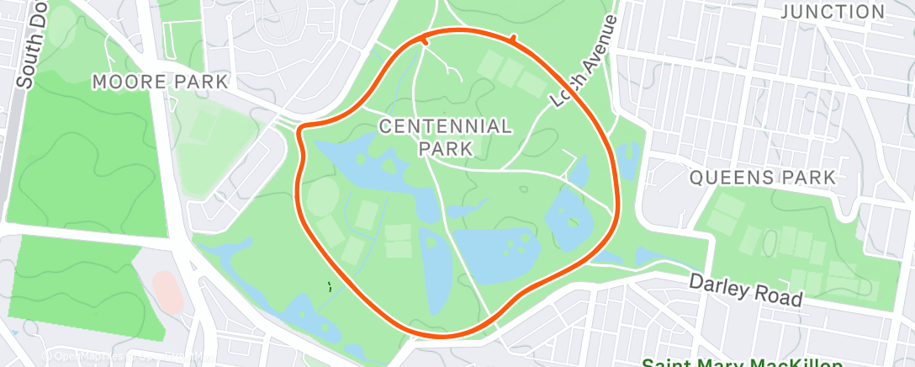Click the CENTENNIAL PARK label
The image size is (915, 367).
445,137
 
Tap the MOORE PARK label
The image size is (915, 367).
160,82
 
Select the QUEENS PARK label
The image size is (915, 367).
763,178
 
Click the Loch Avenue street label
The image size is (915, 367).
584,60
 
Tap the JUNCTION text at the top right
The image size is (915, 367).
833,12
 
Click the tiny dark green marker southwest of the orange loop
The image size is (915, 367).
330,286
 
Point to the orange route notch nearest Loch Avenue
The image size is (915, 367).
511,38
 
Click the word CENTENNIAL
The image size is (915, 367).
445,127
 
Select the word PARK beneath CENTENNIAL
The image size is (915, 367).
445,148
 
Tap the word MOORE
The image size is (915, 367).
124,82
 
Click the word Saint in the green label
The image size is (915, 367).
669,363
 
